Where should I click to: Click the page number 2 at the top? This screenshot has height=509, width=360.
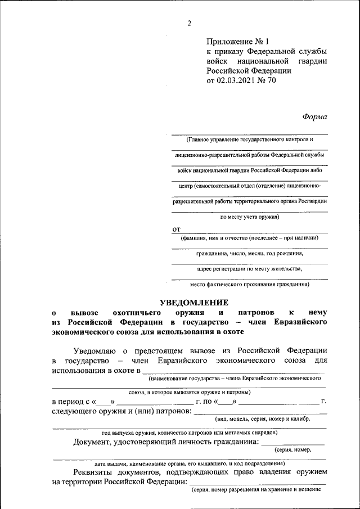click(x=190, y=23)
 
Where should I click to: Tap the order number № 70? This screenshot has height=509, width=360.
click(x=267, y=80)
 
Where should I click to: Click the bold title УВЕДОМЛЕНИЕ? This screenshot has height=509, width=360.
click(x=188, y=302)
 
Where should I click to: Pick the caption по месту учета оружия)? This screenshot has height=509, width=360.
click(x=249, y=216)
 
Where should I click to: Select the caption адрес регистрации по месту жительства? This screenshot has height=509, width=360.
click(x=249, y=269)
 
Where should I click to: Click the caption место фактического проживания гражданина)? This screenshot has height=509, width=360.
click(x=249, y=284)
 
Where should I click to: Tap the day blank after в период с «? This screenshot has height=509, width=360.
click(x=104, y=402)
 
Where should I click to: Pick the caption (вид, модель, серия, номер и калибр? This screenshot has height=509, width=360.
click(x=262, y=419)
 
